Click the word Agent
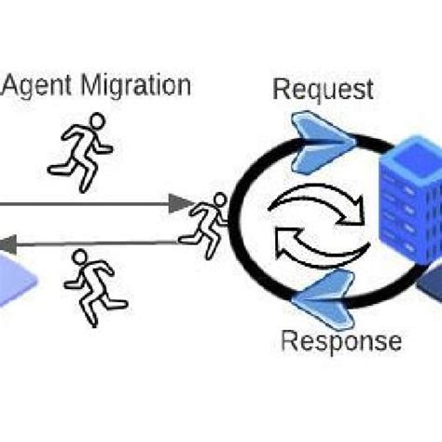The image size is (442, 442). (x=40, y=87)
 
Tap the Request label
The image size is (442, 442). (x=323, y=90)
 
